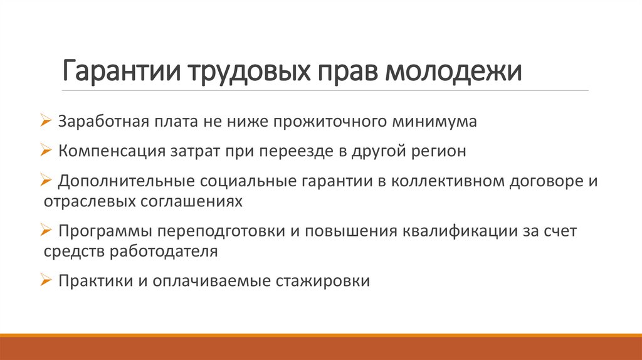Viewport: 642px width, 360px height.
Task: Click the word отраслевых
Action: coord(88,201)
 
